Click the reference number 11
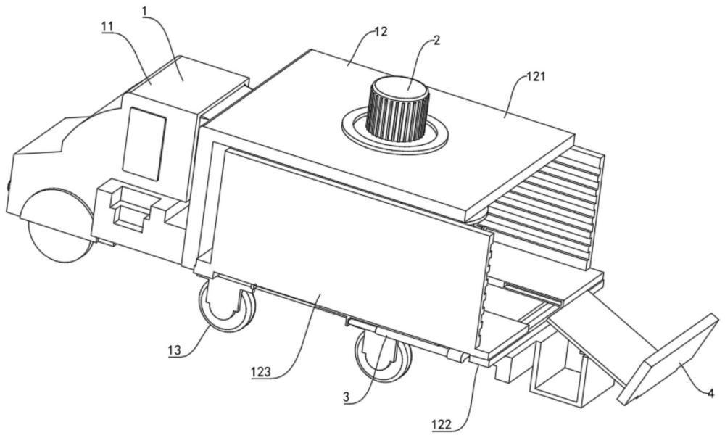[x=107, y=27]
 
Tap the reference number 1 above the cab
[x=145, y=9]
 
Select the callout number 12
[x=381, y=32]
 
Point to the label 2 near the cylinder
[x=437, y=40]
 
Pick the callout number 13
[x=174, y=350]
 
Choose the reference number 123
[x=261, y=372]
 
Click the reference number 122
[x=442, y=424]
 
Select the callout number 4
[x=710, y=394]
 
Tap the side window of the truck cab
[x=144, y=144]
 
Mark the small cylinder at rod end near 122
[x=457, y=355]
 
